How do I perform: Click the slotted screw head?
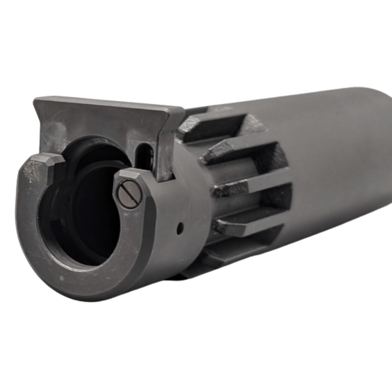pos(130,194)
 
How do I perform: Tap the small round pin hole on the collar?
pos(180,228)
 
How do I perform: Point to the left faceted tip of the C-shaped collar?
pos(46,161)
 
